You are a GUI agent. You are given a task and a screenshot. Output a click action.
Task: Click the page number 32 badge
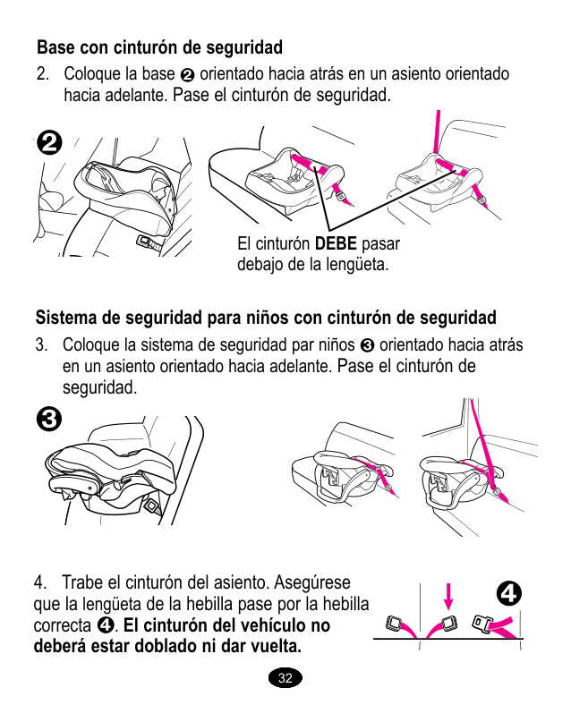[x=285, y=678]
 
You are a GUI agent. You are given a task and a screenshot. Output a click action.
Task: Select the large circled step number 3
[x=50, y=418]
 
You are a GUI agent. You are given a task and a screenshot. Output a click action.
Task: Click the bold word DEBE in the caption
[x=336, y=244]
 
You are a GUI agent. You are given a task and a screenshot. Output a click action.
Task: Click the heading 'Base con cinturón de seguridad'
[x=159, y=47]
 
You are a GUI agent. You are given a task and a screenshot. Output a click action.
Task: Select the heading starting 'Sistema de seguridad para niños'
[x=266, y=318]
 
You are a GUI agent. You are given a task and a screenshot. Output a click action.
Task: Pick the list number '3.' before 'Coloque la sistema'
[x=42, y=345]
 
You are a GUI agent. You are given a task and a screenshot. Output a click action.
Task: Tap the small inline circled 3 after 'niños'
[x=366, y=346]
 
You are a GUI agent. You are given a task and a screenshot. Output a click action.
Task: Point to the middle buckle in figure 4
[x=449, y=624]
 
